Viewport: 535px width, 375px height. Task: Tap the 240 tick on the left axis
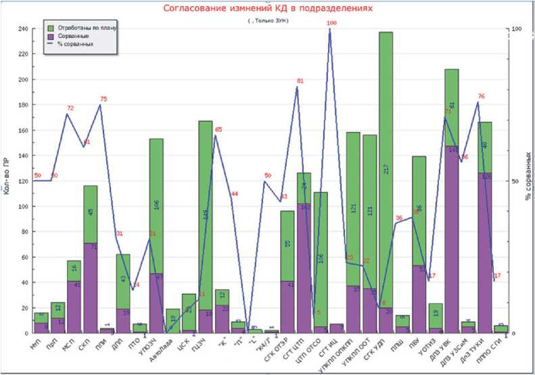22,29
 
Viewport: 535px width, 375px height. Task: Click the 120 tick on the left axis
22,181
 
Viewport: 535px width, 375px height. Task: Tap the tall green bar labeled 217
386,169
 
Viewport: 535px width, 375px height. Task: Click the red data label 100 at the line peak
331,23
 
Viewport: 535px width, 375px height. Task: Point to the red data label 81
300,81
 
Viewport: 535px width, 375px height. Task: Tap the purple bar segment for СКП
90,287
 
